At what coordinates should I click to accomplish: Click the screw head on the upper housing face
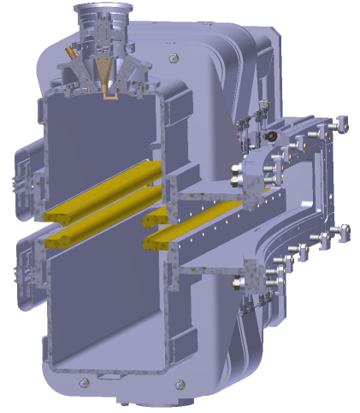[x=174, y=58]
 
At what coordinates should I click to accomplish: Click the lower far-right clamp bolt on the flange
[x=344, y=230]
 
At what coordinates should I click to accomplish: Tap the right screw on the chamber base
[x=177, y=384]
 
